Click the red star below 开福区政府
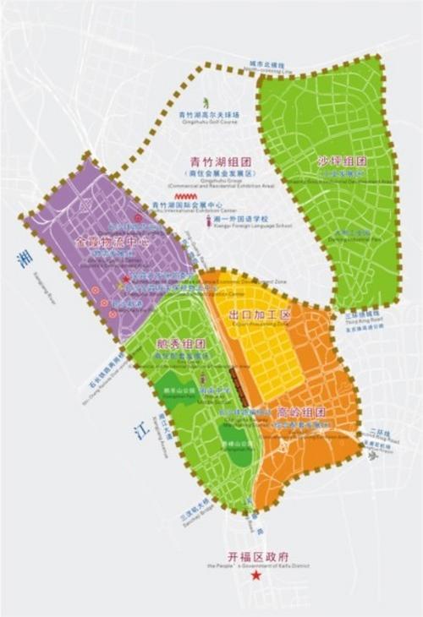(x=256, y=576)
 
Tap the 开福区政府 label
(x=258, y=557)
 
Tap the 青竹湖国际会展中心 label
(x=187, y=205)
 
